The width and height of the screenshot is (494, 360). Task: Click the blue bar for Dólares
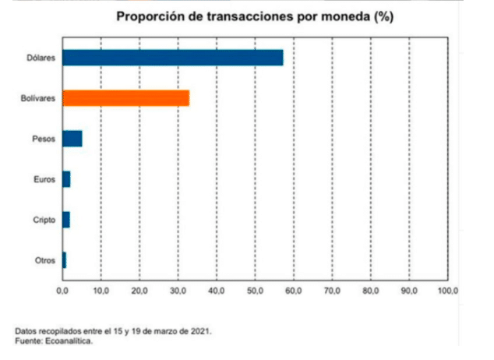click(x=172, y=58)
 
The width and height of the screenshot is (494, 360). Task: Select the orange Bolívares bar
click(x=125, y=97)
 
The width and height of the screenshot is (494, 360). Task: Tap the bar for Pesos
click(x=72, y=139)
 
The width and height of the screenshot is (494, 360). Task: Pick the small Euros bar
click(x=66, y=179)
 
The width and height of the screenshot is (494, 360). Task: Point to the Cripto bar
click(x=66, y=220)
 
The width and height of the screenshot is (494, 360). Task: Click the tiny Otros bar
click(x=64, y=260)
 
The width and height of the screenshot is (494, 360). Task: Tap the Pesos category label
click(x=44, y=139)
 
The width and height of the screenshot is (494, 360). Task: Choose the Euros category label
click(x=44, y=179)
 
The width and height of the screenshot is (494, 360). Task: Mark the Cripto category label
click(x=44, y=220)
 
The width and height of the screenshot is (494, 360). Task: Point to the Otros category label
click(x=44, y=260)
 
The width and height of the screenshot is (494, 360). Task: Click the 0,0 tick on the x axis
click(x=63, y=291)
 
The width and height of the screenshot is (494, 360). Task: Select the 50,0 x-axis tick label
click(x=256, y=291)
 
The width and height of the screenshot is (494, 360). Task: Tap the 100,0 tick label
click(x=448, y=291)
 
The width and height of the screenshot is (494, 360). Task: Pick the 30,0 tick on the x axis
click(x=178, y=291)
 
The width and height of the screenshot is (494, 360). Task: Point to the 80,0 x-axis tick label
click(x=371, y=291)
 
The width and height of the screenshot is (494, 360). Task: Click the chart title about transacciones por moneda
click(x=254, y=16)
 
